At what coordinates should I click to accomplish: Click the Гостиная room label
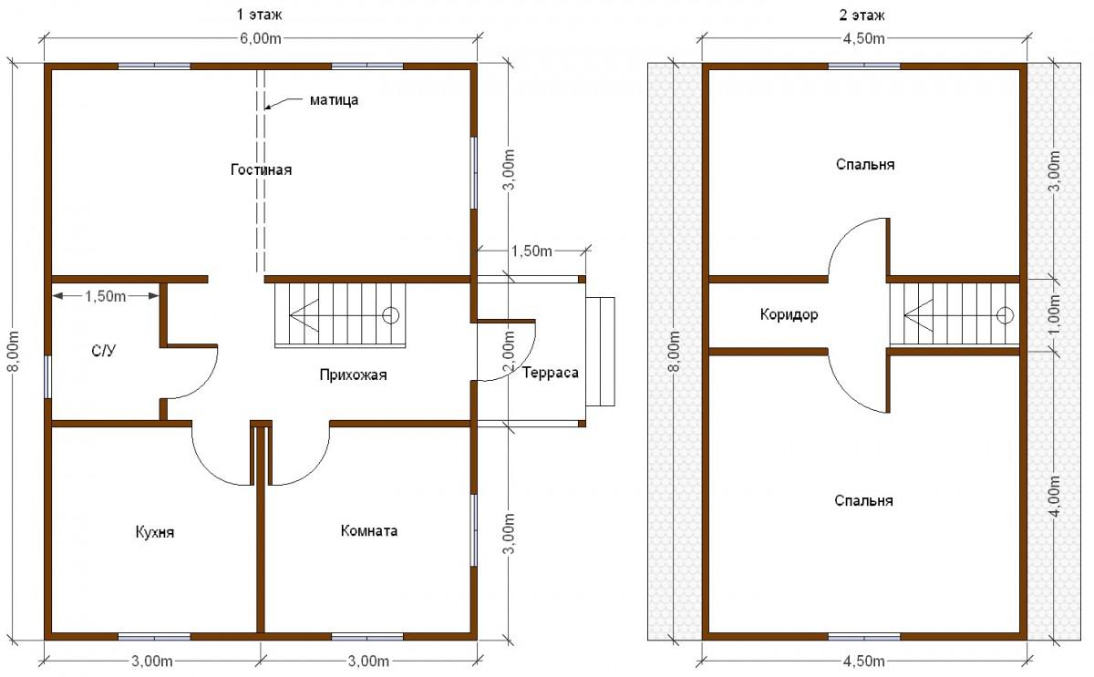tap(262, 169)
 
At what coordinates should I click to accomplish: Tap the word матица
tap(334, 100)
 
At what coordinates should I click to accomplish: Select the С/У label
tap(104, 351)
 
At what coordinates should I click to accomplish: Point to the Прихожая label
tap(353, 374)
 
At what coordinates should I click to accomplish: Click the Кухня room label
tap(155, 532)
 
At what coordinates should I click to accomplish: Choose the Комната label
tap(369, 530)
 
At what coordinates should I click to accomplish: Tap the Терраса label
tap(551, 373)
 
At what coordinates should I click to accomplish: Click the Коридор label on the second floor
tap(789, 314)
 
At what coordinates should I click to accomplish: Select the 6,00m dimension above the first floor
tap(261, 38)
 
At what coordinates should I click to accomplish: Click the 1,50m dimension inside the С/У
tap(106, 296)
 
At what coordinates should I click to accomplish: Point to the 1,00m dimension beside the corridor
tap(1054, 315)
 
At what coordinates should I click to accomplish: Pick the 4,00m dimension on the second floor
tap(1054, 496)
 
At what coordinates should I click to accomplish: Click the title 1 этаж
tap(259, 15)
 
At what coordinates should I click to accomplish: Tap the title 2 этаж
tap(862, 15)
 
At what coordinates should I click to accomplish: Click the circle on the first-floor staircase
tap(391, 315)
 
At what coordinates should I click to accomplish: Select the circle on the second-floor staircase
tap(1005, 315)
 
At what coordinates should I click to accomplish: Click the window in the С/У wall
tap(47, 377)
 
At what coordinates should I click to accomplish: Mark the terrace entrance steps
tap(600, 352)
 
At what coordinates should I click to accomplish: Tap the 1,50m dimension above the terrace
tap(532, 251)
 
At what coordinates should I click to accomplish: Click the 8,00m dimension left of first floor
tap(14, 351)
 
